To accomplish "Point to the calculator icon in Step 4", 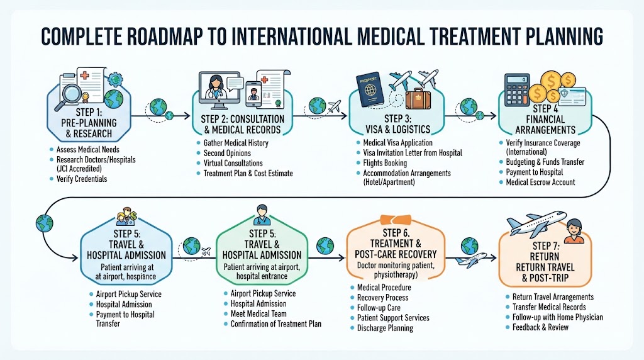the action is coord(517,90).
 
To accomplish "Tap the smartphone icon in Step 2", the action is coord(253,94).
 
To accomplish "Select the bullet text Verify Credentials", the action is coord(82,179).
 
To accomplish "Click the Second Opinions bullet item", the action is coord(227,153).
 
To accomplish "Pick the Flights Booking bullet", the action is coord(385,163).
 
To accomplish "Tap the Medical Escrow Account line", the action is coord(540,182).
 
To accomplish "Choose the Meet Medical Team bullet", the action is coord(258,313).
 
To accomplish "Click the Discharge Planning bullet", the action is coord(385,328).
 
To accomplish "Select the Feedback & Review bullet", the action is coord(540,327).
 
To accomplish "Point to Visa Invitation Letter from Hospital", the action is coord(413,153).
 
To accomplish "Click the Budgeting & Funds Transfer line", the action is coord(545,162).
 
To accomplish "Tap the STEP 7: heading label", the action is coord(546,245).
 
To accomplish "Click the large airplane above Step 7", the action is coord(536,222).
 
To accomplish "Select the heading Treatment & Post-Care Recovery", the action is coord(396,249).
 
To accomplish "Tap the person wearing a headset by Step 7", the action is coord(574,232).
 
